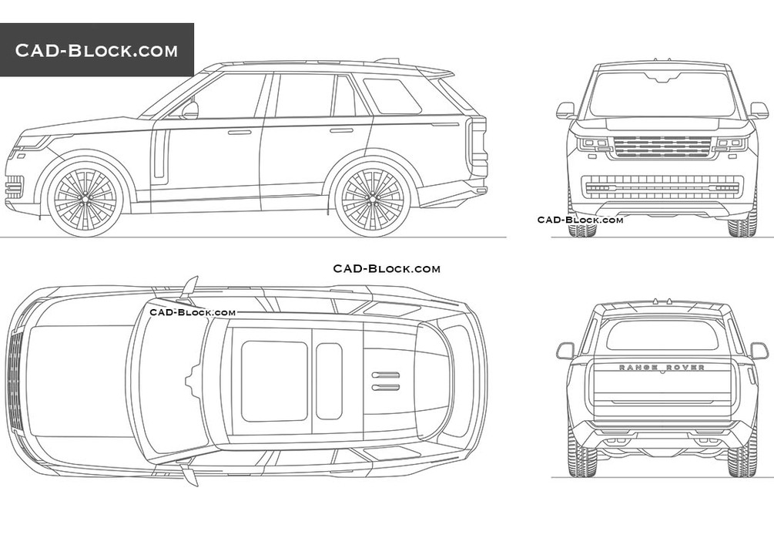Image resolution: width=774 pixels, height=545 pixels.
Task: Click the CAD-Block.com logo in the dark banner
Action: click(96, 51)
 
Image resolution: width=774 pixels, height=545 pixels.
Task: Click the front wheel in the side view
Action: click(85, 198)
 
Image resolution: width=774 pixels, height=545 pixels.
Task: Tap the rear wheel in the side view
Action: click(372, 198)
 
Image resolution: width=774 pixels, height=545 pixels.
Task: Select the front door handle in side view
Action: click(240, 133)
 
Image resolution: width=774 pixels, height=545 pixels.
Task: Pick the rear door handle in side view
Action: click(340, 130)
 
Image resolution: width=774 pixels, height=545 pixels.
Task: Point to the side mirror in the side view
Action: click(189, 110)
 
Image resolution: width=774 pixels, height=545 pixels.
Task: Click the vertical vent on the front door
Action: click(160, 153)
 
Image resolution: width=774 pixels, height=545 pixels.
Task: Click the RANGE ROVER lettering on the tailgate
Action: click(662, 368)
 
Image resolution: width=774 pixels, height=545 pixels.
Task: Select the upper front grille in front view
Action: click(662, 146)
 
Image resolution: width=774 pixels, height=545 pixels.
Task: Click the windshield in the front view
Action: click(662, 95)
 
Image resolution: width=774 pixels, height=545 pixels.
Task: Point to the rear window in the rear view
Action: click(662, 335)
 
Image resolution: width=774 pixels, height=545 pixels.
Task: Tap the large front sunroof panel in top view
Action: click(274, 381)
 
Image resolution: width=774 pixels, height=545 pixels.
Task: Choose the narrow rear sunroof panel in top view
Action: click(329, 381)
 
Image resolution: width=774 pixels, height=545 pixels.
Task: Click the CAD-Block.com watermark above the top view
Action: click(387, 268)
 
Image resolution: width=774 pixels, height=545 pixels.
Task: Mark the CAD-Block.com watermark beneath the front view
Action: click(580, 220)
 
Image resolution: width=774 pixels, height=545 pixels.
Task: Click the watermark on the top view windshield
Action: click(193, 312)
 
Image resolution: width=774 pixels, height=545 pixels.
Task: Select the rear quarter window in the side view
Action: click(391, 96)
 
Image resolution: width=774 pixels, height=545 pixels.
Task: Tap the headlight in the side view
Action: click(32, 143)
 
